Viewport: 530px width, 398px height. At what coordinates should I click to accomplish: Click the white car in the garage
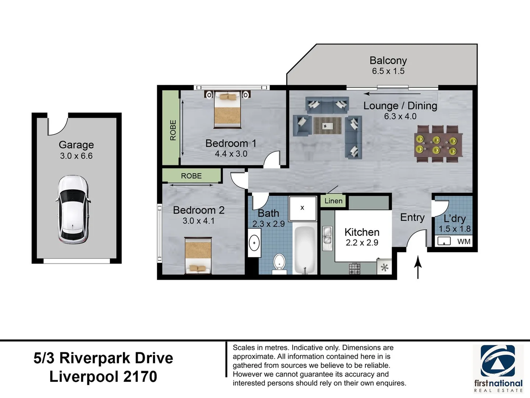coord(73,209)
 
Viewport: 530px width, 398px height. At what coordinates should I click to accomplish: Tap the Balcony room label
coord(388,60)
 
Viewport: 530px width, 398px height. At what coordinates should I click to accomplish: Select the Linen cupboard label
coord(333,201)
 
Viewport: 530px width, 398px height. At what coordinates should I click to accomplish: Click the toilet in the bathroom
coord(279,263)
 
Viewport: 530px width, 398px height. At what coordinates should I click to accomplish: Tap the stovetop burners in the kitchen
coord(354,268)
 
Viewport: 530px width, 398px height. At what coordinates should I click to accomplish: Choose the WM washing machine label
coord(464,241)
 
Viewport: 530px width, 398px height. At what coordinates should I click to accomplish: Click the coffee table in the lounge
coord(328,125)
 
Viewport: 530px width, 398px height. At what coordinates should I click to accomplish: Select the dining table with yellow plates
coord(438,144)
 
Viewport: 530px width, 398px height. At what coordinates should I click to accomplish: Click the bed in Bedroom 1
coord(227,109)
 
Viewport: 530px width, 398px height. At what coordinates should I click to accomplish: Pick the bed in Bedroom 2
coord(198,256)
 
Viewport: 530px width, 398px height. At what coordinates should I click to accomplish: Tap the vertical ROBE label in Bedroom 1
coord(173,130)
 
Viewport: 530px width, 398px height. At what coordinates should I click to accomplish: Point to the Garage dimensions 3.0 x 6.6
coord(76,156)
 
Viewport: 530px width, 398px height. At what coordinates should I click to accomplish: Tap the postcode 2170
coord(140,377)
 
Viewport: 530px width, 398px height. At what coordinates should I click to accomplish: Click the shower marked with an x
coord(303,209)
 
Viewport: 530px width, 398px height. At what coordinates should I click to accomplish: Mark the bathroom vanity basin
coord(254,242)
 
